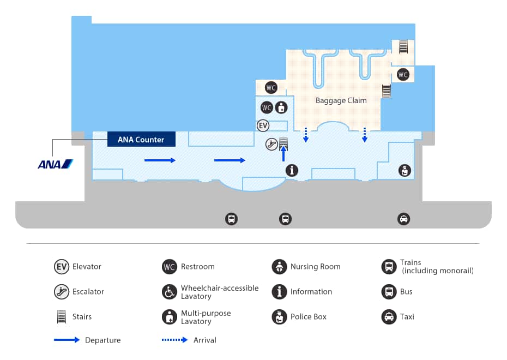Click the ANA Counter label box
pos(141,140)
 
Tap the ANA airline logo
pos(55,164)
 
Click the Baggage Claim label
pos(341,100)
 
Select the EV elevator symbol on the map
pos(263,126)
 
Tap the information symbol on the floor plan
pos(293,170)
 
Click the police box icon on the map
pos(404,170)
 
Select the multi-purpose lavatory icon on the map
pos(281,107)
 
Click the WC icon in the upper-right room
pos(403,75)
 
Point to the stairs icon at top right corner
pos(403,47)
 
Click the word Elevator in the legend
pos(87,267)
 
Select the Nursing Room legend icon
pos(279,267)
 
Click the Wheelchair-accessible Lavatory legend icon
pos(170,292)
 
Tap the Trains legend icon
pos(389,267)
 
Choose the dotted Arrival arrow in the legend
pos(174,340)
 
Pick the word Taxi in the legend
pos(407,317)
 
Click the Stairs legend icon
pos(61,317)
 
